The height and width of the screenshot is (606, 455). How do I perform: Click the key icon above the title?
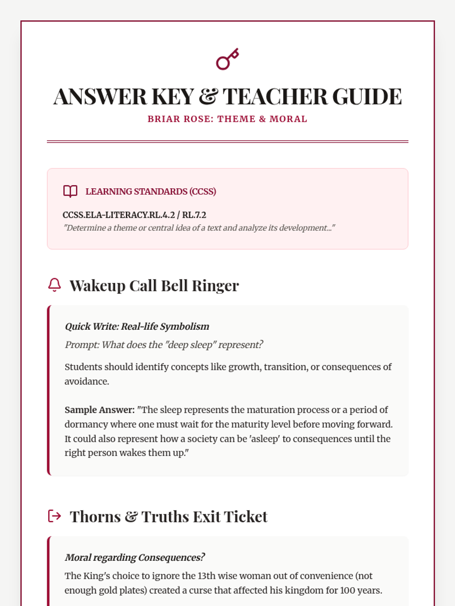click(227, 59)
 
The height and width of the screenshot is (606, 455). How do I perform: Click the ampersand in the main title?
click(208, 97)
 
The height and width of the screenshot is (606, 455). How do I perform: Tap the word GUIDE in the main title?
click(367, 97)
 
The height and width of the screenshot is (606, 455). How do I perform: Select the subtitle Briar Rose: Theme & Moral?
click(227, 119)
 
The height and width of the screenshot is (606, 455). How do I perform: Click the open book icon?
click(70, 191)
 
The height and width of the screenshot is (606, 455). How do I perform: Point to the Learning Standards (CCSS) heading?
click(151, 192)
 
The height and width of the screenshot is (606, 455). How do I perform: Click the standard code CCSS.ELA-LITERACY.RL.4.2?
click(118, 215)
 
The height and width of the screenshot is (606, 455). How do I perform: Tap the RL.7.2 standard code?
click(194, 215)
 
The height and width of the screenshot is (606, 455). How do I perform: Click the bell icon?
click(55, 285)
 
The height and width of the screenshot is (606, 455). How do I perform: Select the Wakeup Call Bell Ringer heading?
click(154, 286)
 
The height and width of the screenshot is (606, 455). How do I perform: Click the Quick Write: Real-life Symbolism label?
click(137, 326)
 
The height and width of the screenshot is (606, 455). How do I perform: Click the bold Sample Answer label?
click(99, 410)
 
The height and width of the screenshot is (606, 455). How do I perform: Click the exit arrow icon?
click(55, 516)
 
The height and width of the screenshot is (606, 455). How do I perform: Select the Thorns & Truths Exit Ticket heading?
click(168, 517)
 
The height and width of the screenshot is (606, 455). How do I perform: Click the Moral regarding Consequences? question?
click(135, 558)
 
